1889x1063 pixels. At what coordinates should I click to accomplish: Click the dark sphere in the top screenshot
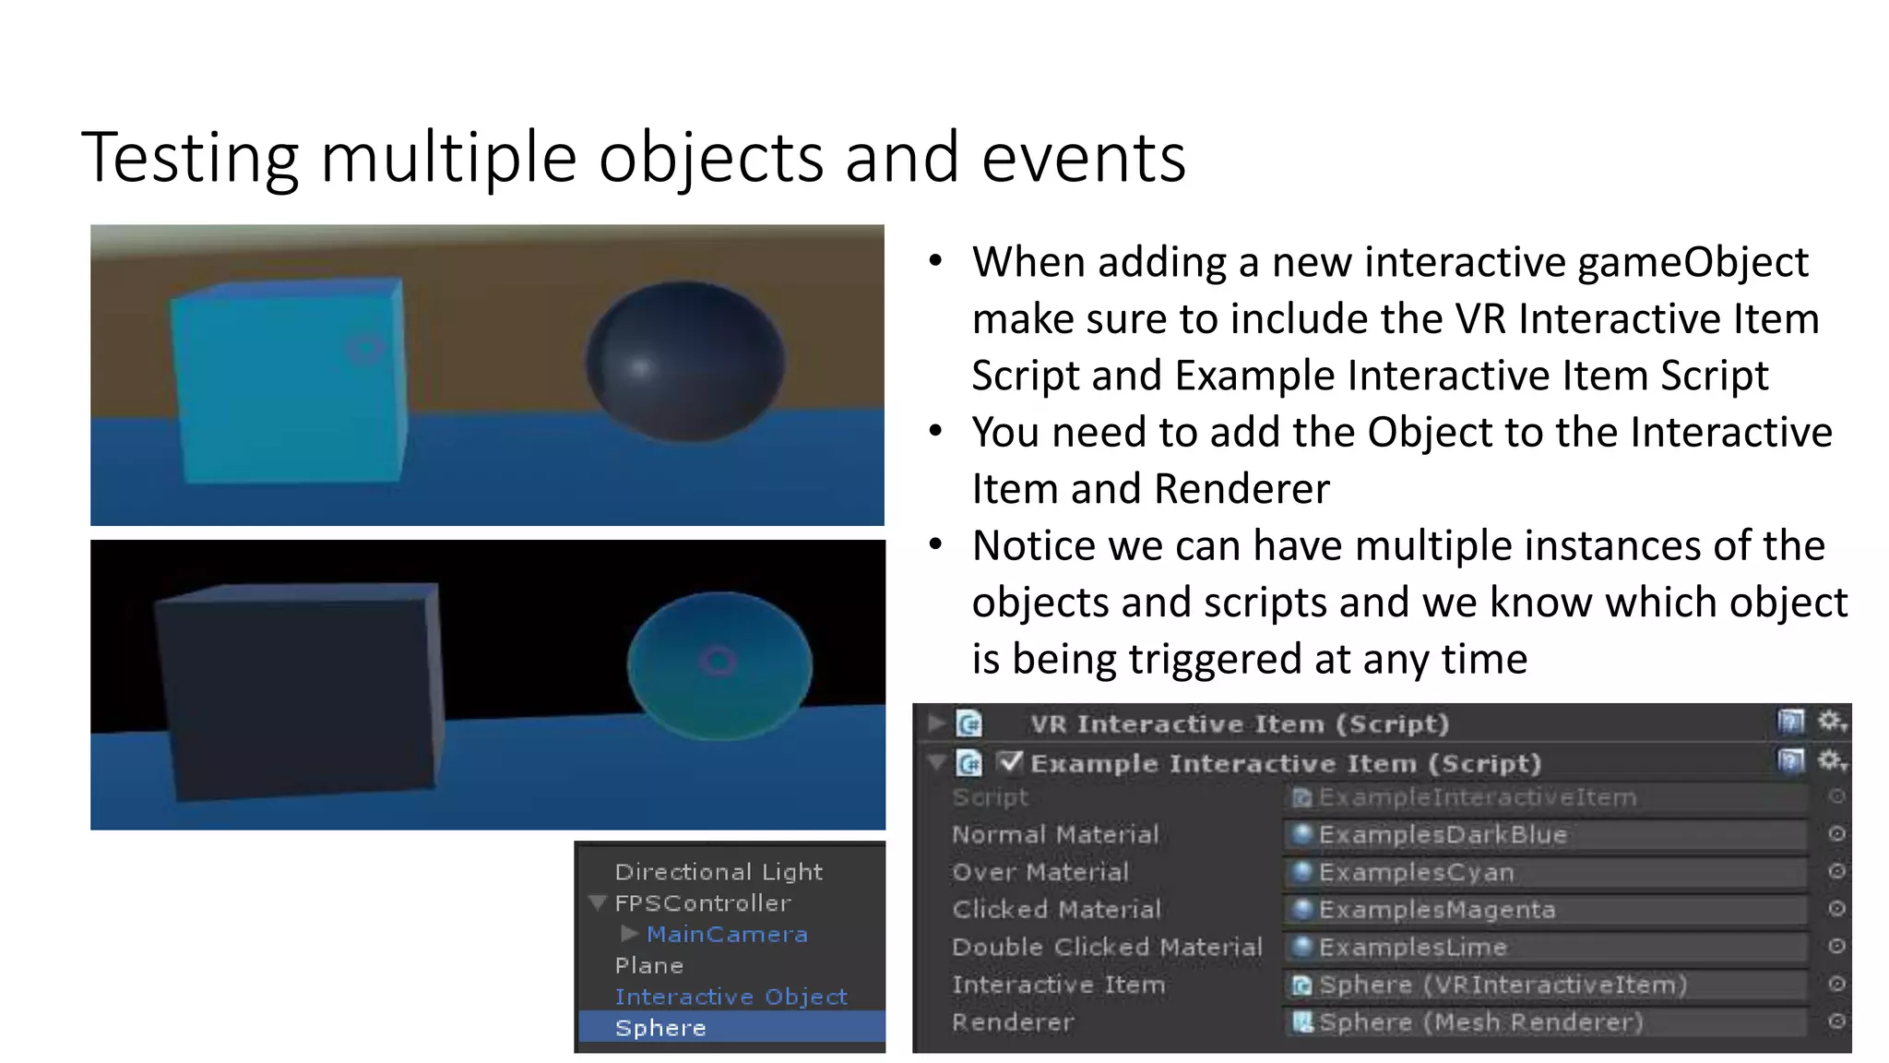pos(685,362)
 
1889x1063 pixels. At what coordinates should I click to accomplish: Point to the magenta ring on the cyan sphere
pos(718,661)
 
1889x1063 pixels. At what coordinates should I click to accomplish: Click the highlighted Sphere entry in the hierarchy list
pos(660,1028)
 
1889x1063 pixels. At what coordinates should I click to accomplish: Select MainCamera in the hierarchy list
pos(727,934)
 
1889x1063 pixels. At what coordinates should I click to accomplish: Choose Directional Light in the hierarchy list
pos(718,872)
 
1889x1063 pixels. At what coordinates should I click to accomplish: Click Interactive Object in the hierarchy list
pos(731,997)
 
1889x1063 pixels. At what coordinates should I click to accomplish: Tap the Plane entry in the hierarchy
pos(648,965)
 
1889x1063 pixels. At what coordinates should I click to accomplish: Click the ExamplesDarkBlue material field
pos(1545,835)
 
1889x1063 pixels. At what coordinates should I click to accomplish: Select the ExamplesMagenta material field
pos(1545,910)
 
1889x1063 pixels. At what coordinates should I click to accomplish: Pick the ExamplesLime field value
pos(1545,948)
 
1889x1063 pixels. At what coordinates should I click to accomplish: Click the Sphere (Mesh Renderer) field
pos(1545,1022)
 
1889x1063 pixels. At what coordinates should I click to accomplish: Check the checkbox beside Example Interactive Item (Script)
pos(1011,762)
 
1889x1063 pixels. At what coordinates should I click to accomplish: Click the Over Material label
pos(1040,872)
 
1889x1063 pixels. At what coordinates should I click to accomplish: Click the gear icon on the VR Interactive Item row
pos(1830,722)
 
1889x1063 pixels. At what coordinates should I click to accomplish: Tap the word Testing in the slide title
pos(190,158)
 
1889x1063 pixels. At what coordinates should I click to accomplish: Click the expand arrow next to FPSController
pos(597,902)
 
